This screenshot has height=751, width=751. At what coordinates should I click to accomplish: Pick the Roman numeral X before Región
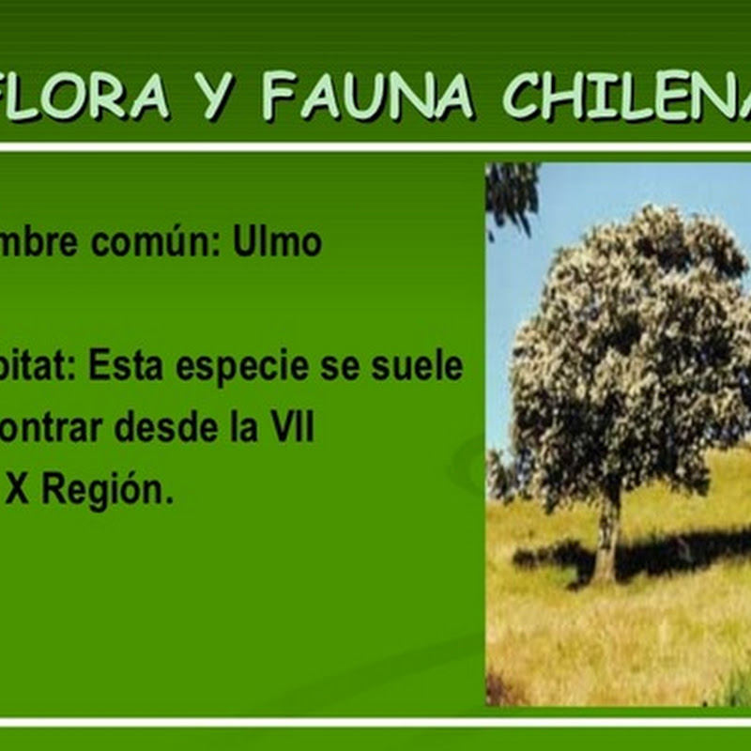(16, 491)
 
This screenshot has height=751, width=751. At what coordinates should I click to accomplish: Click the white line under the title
(375, 147)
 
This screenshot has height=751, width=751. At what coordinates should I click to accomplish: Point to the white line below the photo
(375, 722)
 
